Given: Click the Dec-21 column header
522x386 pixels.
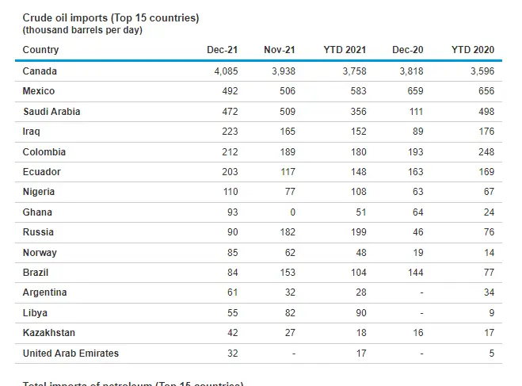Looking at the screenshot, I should (222, 50).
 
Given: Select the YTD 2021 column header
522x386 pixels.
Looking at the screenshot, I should (345, 50).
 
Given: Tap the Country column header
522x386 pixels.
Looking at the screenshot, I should (40, 50).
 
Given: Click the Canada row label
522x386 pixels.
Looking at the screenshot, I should (40, 71).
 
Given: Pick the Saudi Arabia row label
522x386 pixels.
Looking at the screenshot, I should (51, 112).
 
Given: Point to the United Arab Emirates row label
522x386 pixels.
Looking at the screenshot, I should (70, 353).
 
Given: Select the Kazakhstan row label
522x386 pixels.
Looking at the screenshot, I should (49, 333).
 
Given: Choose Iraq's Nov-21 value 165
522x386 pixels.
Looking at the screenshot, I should (287, 132).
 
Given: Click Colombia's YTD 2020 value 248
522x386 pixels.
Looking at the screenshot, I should (486, 152).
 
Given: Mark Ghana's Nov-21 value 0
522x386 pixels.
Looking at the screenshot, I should (292, 212).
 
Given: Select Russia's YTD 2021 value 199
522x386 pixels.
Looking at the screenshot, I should (358, 232).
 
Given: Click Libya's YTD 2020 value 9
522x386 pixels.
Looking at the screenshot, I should (491, 312).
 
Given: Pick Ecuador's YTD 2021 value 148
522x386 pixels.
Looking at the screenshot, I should (358, 172).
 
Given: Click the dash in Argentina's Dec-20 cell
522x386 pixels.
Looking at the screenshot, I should (421, 292).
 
